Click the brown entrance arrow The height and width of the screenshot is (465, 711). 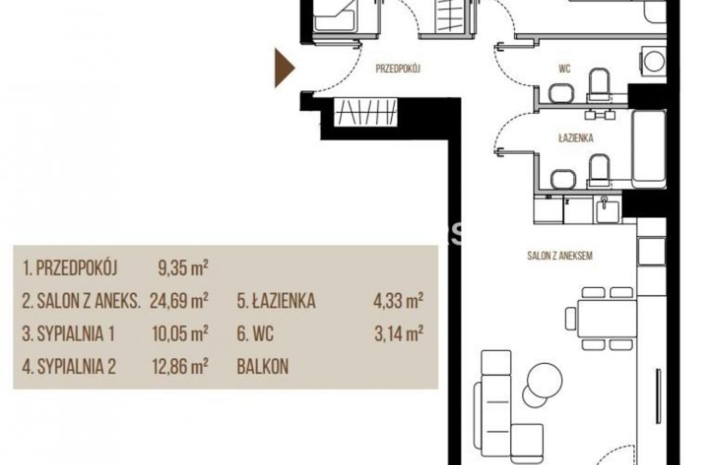coord(283,68)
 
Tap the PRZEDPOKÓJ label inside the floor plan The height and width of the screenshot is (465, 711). coord(398,69)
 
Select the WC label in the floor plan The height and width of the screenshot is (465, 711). coord(564,68)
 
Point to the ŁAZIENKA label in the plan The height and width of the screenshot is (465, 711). coord(576,138)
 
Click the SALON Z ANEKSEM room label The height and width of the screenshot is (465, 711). coord(560,256)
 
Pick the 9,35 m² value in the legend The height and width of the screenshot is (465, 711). coord(183,268)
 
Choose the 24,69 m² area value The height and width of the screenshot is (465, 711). coord(179,301)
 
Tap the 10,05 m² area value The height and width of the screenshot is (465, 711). coord(180,334)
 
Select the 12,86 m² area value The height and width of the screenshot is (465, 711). coord(180,367)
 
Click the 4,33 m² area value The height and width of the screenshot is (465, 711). coord(398,301)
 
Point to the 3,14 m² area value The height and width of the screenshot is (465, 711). coord(399,334)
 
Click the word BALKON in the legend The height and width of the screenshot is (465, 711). coord(263,367)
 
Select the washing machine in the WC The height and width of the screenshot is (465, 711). coord(654,61)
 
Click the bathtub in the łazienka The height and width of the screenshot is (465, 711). coord(649,149)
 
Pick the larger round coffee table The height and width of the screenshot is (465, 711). coord(545,380)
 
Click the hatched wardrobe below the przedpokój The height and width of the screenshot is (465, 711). coord(366,112)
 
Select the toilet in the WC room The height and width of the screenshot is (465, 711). coord(599,84)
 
